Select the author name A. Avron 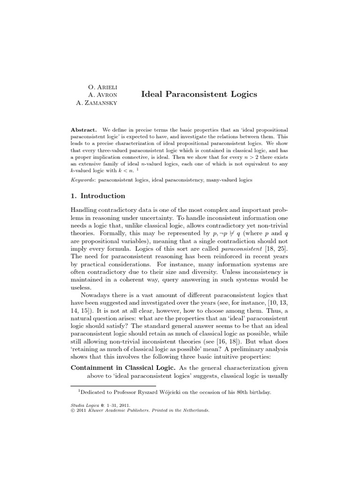coord(103,95)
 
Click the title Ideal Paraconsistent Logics coord(199,94)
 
